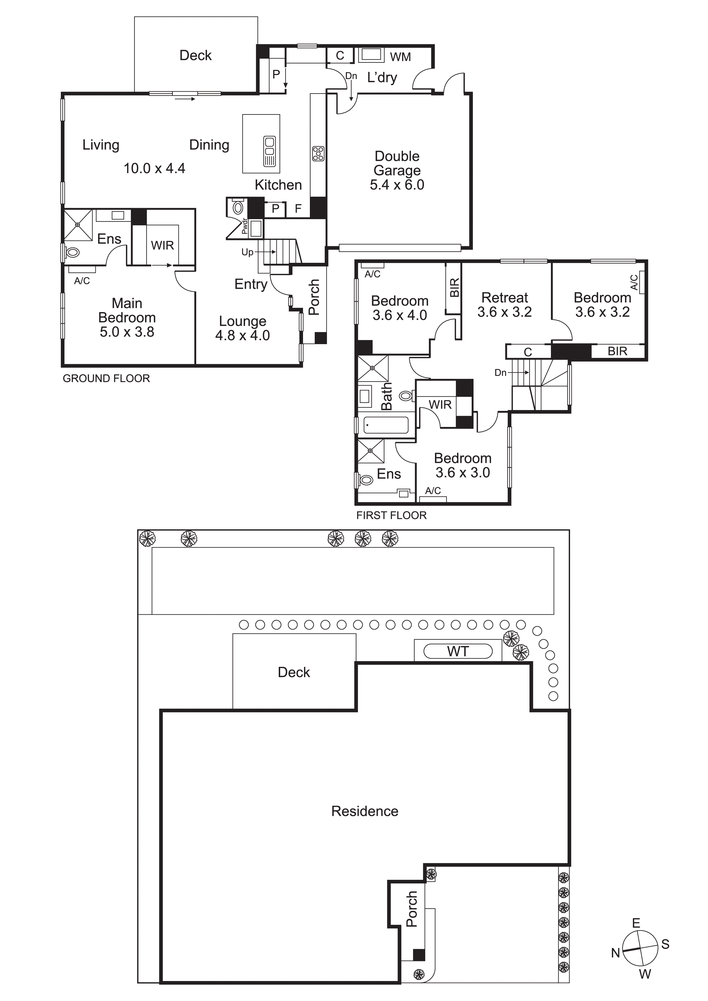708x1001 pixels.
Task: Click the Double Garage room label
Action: click(x=397, y=163)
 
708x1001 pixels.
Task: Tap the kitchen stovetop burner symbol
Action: click(x=318, y=154)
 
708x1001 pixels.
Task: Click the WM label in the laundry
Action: click(x=400, y=57)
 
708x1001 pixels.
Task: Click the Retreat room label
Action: click(x=504, y=298)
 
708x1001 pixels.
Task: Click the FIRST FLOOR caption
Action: click(x=391, y=515)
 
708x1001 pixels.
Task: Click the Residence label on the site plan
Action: click(x=365, y=811)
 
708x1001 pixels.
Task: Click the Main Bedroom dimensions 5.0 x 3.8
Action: click(x=127, y=332)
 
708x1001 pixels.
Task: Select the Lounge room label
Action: click(x=242, y=321)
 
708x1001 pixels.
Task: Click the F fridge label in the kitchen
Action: click(x=298, y=209)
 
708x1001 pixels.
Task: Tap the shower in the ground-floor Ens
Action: click(x=78, y=225)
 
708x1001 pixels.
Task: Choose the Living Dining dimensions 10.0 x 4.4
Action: click(x=155, y=168)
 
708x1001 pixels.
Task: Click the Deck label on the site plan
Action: click(x=294, y=672)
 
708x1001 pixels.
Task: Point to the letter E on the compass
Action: click(x=636, y=923)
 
